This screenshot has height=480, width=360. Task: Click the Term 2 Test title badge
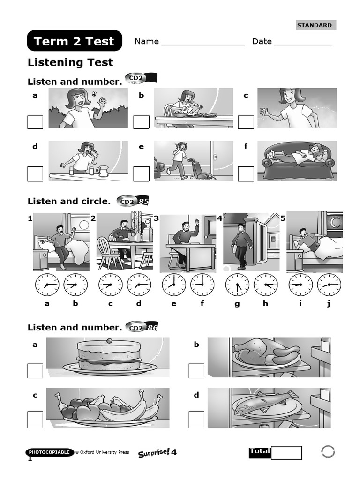point(75,41)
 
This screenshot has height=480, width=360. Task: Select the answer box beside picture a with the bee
point(35,122)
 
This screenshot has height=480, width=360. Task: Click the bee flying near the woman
point(94,93)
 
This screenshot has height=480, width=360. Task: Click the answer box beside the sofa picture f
point(246,174)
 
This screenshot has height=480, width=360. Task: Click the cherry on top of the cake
point(109,340)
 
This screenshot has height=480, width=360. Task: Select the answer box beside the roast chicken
point(196,371)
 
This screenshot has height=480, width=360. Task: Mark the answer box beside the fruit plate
point(35,419)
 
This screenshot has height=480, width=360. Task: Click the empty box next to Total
point(286,453)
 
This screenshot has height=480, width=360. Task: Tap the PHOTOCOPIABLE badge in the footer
point(50,452)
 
